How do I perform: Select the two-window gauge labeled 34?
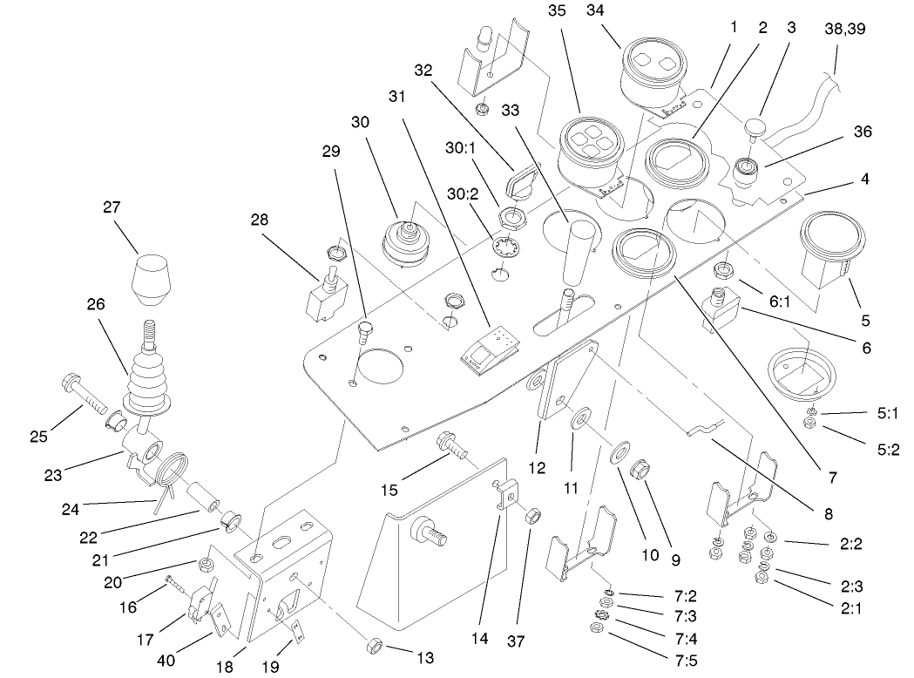click(653, 71)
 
